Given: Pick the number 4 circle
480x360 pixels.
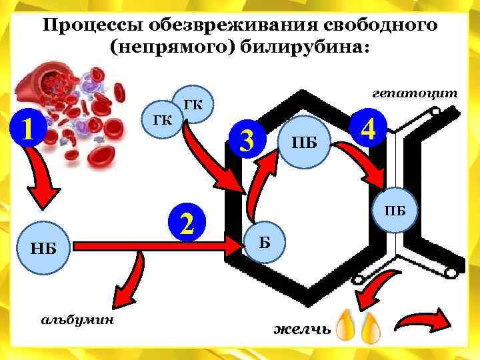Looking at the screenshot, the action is pyautogui.click(x=369, y=127).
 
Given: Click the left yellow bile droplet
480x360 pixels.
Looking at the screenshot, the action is pyautogui.click(x=345, y=325).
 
